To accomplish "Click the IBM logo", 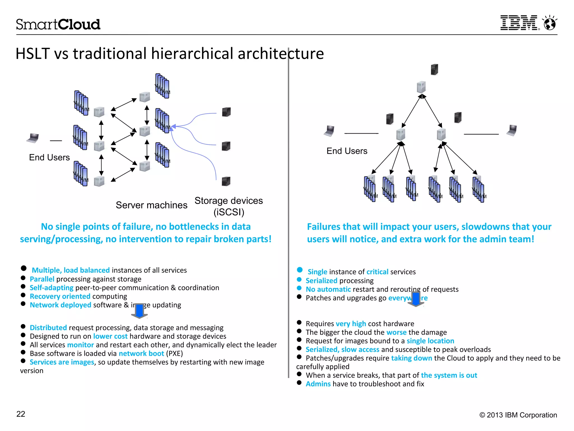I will (519, 23).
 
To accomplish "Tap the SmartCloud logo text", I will (58, 24).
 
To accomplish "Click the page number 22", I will (21, 414).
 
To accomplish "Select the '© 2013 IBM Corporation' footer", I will (518, 415).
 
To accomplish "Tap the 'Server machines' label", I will (151, 205).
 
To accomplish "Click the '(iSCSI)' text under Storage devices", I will (229, 212).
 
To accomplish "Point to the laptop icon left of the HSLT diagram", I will (33, 138).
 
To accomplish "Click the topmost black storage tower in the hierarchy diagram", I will (434, 69).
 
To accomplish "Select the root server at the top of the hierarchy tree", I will (421, 87).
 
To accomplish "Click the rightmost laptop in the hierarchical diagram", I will (512, 130).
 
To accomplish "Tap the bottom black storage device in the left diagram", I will (226, 181).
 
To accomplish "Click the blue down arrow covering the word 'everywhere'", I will (416, 299).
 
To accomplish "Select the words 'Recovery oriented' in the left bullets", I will (60, 296).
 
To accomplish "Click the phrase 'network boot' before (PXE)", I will (141, 354).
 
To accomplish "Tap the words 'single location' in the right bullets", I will (430, 341).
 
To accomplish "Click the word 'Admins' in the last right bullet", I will (318, 384).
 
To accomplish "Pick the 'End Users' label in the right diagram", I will (347, 151).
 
